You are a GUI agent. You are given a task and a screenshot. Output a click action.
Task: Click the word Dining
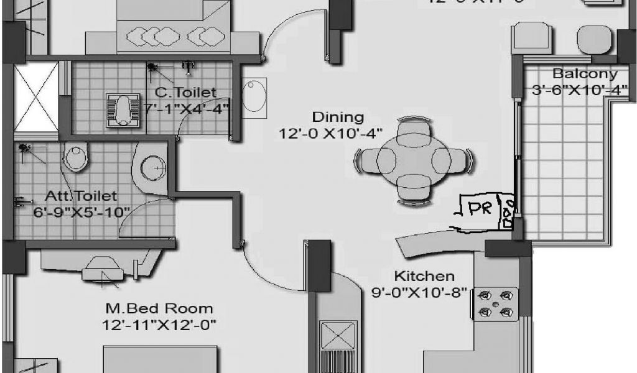coord(337,116)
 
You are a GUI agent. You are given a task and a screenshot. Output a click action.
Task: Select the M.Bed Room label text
coord(159,308)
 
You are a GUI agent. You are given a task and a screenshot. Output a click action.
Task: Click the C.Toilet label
coord(185,93)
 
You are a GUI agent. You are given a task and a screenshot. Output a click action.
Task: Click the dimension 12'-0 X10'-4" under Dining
coord(330,132)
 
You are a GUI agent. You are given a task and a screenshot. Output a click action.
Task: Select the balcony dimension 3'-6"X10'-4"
coord(579,90)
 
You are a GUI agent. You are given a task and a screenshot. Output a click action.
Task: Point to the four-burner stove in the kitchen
coord(496,303)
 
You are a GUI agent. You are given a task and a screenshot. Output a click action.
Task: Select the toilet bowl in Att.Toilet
coord(75,157)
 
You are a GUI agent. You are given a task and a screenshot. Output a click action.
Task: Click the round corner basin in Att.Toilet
coord(152,167)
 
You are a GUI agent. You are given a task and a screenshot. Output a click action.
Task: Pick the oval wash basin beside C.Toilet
coord(254,96)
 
